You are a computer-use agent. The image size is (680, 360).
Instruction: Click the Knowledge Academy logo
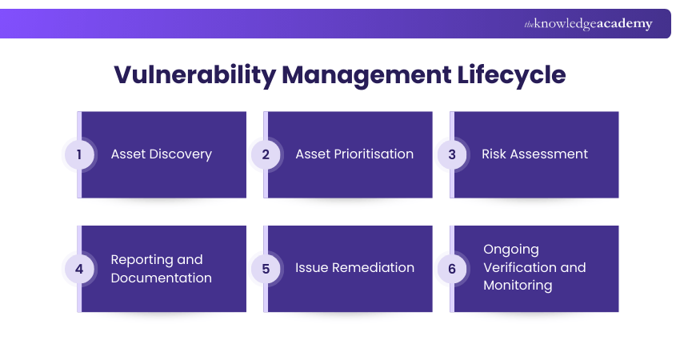pyautogui.click(x=588, y=24)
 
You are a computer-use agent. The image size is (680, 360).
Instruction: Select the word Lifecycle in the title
pyautogui.click(x=512, y=74)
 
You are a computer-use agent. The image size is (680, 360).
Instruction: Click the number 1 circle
pyautogui.click(x=79, y=154)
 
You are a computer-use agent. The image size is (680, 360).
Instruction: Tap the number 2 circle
pyautogui.click(x=266, y=154)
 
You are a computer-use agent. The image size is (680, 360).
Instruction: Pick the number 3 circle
pyautogui.click(x=451, y=154)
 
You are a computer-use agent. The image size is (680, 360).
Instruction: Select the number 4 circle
pyautogui.click(x=79, y=269)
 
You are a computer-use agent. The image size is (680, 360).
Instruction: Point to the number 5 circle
pyautogui.click(x=266, y=269)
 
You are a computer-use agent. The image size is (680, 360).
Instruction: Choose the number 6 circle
pyautogui.click(x=451, y=269)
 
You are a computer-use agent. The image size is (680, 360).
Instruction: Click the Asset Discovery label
pyautogui.click(x=161, y=154)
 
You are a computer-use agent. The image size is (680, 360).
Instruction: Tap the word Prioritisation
pyautogui.click(x=373, y=154)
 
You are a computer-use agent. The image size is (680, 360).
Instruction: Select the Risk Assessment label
pyautogui.click(x=534, y=154)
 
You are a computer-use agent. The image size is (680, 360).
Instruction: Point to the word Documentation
pyautogui.click(x=161, y=278)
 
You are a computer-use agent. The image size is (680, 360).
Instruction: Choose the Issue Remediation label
pyautogui.click(x=354, y=268)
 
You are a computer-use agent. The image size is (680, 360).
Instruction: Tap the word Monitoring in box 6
pyautogui.click(x=518, y=286)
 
